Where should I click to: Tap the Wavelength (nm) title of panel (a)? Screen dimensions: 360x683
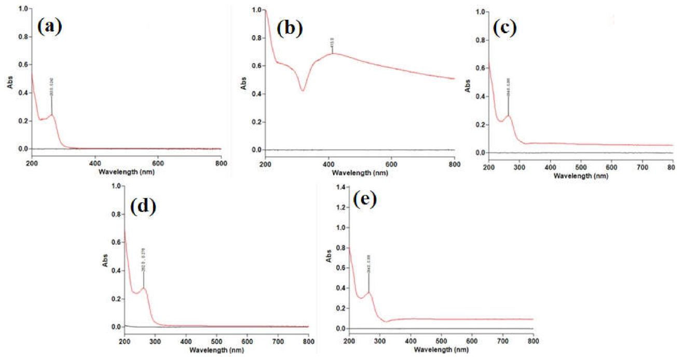(127, 171)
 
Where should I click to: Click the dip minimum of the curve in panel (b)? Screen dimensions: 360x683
(303, 91)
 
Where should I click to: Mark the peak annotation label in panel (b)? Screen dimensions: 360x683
(332, 41)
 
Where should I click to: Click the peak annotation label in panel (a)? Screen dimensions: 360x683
(51, 86)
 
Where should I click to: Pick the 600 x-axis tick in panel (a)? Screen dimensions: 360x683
(158, 162)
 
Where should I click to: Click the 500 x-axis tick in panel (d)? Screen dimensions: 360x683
(216, 342)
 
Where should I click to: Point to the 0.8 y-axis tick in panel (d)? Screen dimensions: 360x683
(117, 214)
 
